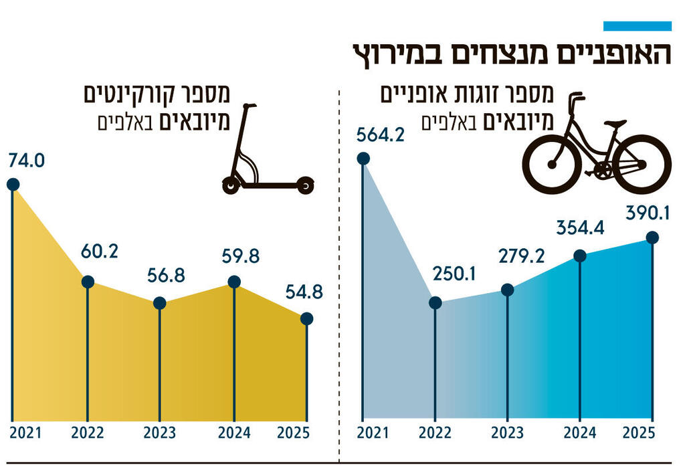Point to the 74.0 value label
[25, 161]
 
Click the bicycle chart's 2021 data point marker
[363, 159]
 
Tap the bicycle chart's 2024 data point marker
[581, 256]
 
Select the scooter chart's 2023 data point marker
[159, 303]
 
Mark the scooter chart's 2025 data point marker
[306, 318]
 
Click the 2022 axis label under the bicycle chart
[435, 433]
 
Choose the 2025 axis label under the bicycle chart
[640, 433]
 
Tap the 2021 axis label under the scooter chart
[25, 433]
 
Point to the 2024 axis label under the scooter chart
[235, 433]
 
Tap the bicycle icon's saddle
[612, 124]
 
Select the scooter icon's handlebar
[250, 106]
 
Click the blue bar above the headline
[637, 26]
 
